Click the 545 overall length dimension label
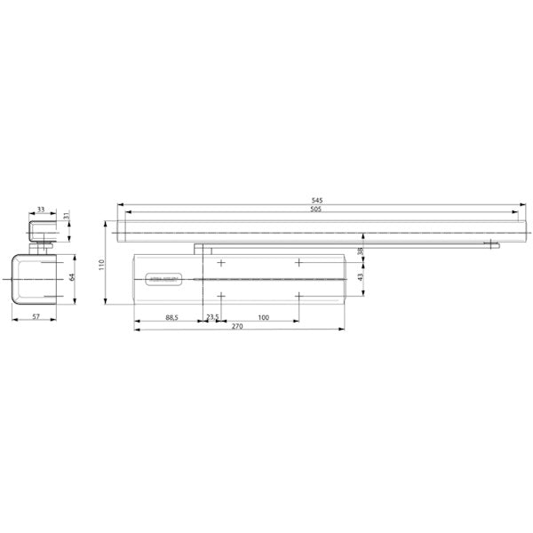click(317, 201)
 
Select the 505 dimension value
click(317, 211)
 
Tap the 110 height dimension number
click(102, 264)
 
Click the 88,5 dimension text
click(171, 316)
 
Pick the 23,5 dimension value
click(212, 316)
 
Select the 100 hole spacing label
click(264, 316)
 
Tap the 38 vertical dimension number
click(360, 251)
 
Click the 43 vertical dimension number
click(360, 278)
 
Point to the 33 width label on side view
click(41, 211)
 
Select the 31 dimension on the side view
click(67, 219)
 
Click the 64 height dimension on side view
click(73, 276)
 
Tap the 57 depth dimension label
click(36, 316)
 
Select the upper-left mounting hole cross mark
click(221, 263)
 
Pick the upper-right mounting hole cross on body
click(299, 263)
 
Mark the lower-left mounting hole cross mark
click(221, 297)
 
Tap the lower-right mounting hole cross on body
click(299, 297)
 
